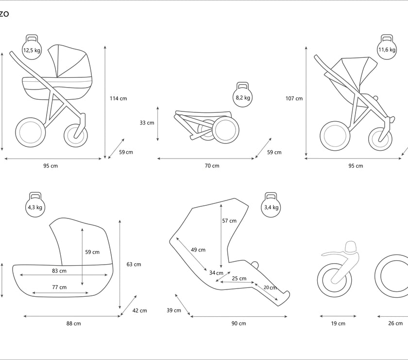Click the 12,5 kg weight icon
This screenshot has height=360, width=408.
pyautogui.click(x=32, y=49)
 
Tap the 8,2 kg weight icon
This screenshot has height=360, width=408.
pyautogui.click(x=243, y=96)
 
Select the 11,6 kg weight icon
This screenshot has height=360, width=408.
pyautogui.click(x=387, y=49)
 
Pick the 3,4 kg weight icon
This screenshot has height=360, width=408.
pyautogui.click(x=272, y=206)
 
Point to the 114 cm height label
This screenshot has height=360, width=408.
pyautogui.click(x=118, y=98)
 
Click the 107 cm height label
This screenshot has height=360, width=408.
pyautogui.click(x=294, y=98)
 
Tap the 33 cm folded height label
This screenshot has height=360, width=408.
pyautogui.click(x=147, y=123)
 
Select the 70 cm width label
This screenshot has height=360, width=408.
pyautogui.click(x=212, y=166)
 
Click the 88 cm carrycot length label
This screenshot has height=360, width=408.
pyautogui.click(x=74, y=324)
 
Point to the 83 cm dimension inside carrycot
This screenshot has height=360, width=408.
pyautogui.click(x=59, y=270)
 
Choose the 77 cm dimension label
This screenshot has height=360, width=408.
pyautogui.click(x=59, y=287)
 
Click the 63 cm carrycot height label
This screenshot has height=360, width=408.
pyautogui.click(x=134, y=264)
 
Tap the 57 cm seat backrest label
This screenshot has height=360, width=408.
pyautogui.click(x=229, y=220)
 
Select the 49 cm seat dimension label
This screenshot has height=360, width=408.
pyautogui.click(x=198, y=250)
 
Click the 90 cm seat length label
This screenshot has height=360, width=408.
pyautogui.click(x=239, y=324)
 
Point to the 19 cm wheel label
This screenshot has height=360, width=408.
pyautogui.click(x=338, y=324)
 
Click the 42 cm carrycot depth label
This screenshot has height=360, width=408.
pyautogui.click(x=139, y=310)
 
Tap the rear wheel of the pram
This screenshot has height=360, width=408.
pyautogui.click(x=32, y=131)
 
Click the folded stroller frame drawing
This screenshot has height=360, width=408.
pyautogui.click(x=206, y=126)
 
